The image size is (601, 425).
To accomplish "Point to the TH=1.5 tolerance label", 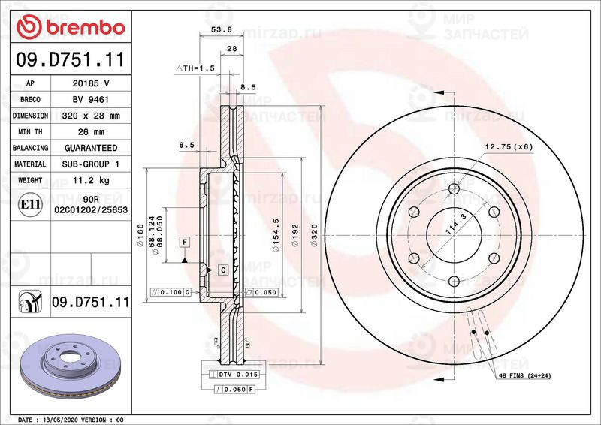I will pos(197,68).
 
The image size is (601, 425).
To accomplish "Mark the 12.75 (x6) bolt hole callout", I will pos(508,146).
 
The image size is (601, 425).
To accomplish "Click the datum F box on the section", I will pos(183,241).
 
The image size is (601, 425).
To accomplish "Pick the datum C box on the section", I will pos(222,269).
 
